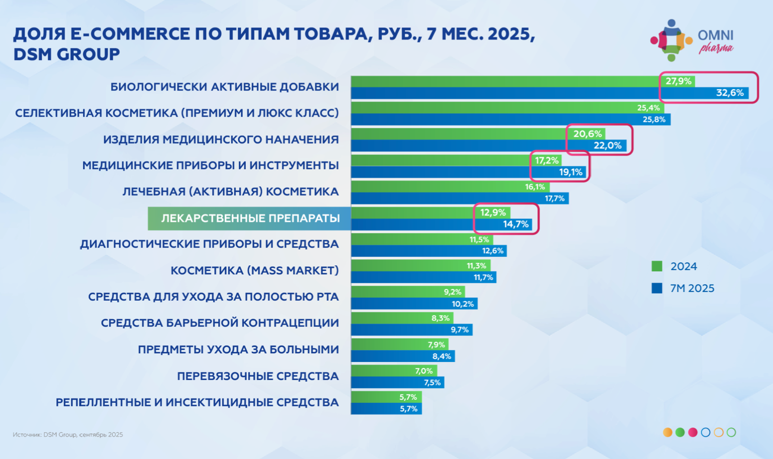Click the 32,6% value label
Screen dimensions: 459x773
[x=730, y=93]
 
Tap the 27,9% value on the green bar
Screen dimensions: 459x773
[x=678, y=81]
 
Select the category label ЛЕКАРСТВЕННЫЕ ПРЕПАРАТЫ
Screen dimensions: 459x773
[x=250, y=218]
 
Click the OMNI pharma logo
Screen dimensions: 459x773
[x=692, y=41]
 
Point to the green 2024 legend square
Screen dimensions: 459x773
[x=657, y=266]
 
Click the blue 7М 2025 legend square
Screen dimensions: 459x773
[x=657, y=288]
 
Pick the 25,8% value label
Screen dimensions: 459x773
[x=654, y=119]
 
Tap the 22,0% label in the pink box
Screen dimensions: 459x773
[x=607, y=145]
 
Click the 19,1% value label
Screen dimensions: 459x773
[x=570, y=172]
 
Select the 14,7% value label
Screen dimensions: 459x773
[x=515, y=224]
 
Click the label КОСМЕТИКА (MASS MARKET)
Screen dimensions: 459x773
[x=255, y=270]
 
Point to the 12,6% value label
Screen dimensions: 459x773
[x=493, y=251]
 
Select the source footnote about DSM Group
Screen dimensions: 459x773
[x=68, y=434]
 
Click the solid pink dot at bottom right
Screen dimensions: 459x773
[x=693, y=432]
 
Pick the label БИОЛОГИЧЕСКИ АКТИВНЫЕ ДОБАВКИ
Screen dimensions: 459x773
[x=224, y=87]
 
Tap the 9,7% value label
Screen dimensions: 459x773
[x=459, y=330]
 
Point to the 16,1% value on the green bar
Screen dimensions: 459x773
[x=535, y=187]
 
